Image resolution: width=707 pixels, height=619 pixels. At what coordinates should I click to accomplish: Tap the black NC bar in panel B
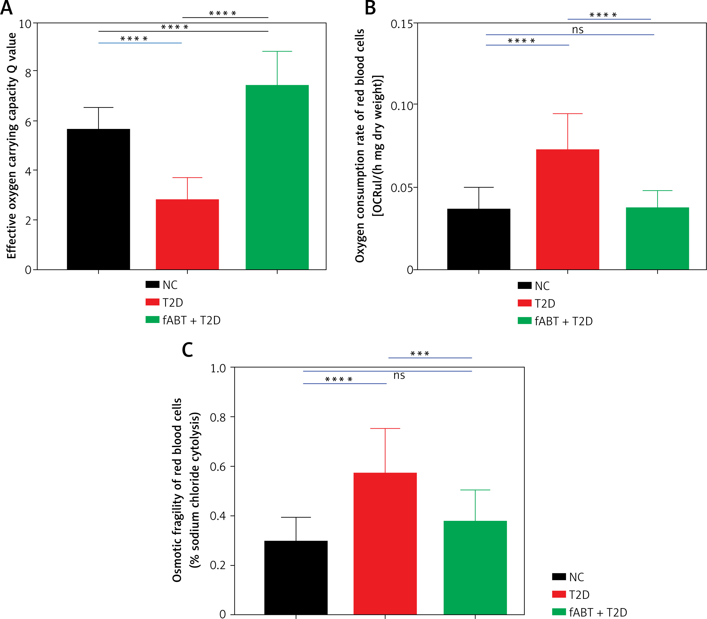[x=479, y=239]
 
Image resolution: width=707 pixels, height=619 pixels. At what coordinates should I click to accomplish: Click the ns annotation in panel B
[x=578, y=30]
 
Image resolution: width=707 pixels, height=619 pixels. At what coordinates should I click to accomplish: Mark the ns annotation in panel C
[x=399, y=375]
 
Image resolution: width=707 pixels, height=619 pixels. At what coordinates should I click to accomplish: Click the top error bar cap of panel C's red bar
[x=385, y=428]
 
